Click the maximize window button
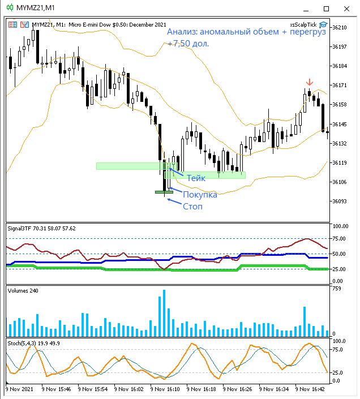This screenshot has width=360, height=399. tap(326, 8)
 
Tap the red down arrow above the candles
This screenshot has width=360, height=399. tap(309, 83)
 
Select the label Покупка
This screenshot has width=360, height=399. tap(200, 195)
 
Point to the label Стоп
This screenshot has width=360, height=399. tap(192, 207)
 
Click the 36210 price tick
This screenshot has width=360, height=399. tap(340, 27)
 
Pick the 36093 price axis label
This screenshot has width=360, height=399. tap(340, 201)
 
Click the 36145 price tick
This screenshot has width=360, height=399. tap(340, 124)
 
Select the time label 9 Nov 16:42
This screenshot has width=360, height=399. tap(311, 389)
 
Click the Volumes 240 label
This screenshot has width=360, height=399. tap(23, 290)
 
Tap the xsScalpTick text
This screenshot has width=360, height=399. tap(303, 25)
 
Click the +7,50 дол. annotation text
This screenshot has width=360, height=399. tap(188, 43)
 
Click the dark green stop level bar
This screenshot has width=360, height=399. tap(164, 192)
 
